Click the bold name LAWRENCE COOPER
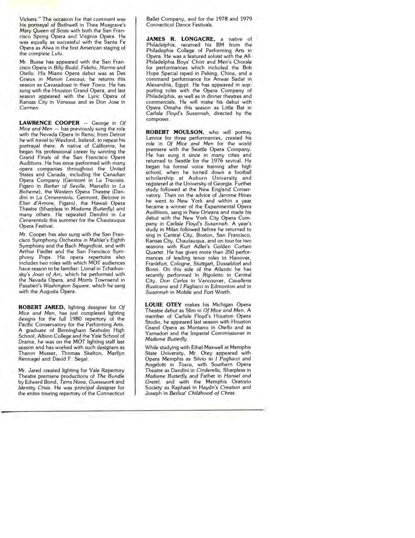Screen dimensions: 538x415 [49, 123]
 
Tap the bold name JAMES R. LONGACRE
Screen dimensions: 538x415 [180, 39]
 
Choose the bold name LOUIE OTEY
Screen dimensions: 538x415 [163, 305]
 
